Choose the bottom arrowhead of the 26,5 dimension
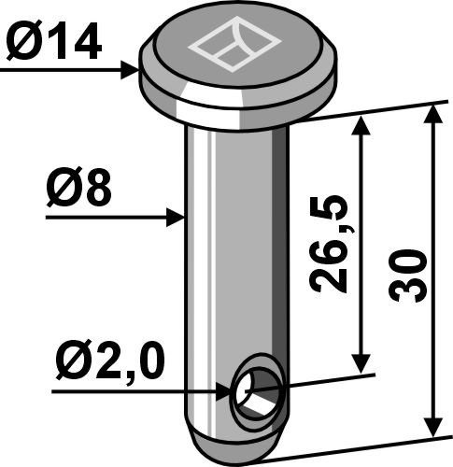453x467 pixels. coord(360,365)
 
